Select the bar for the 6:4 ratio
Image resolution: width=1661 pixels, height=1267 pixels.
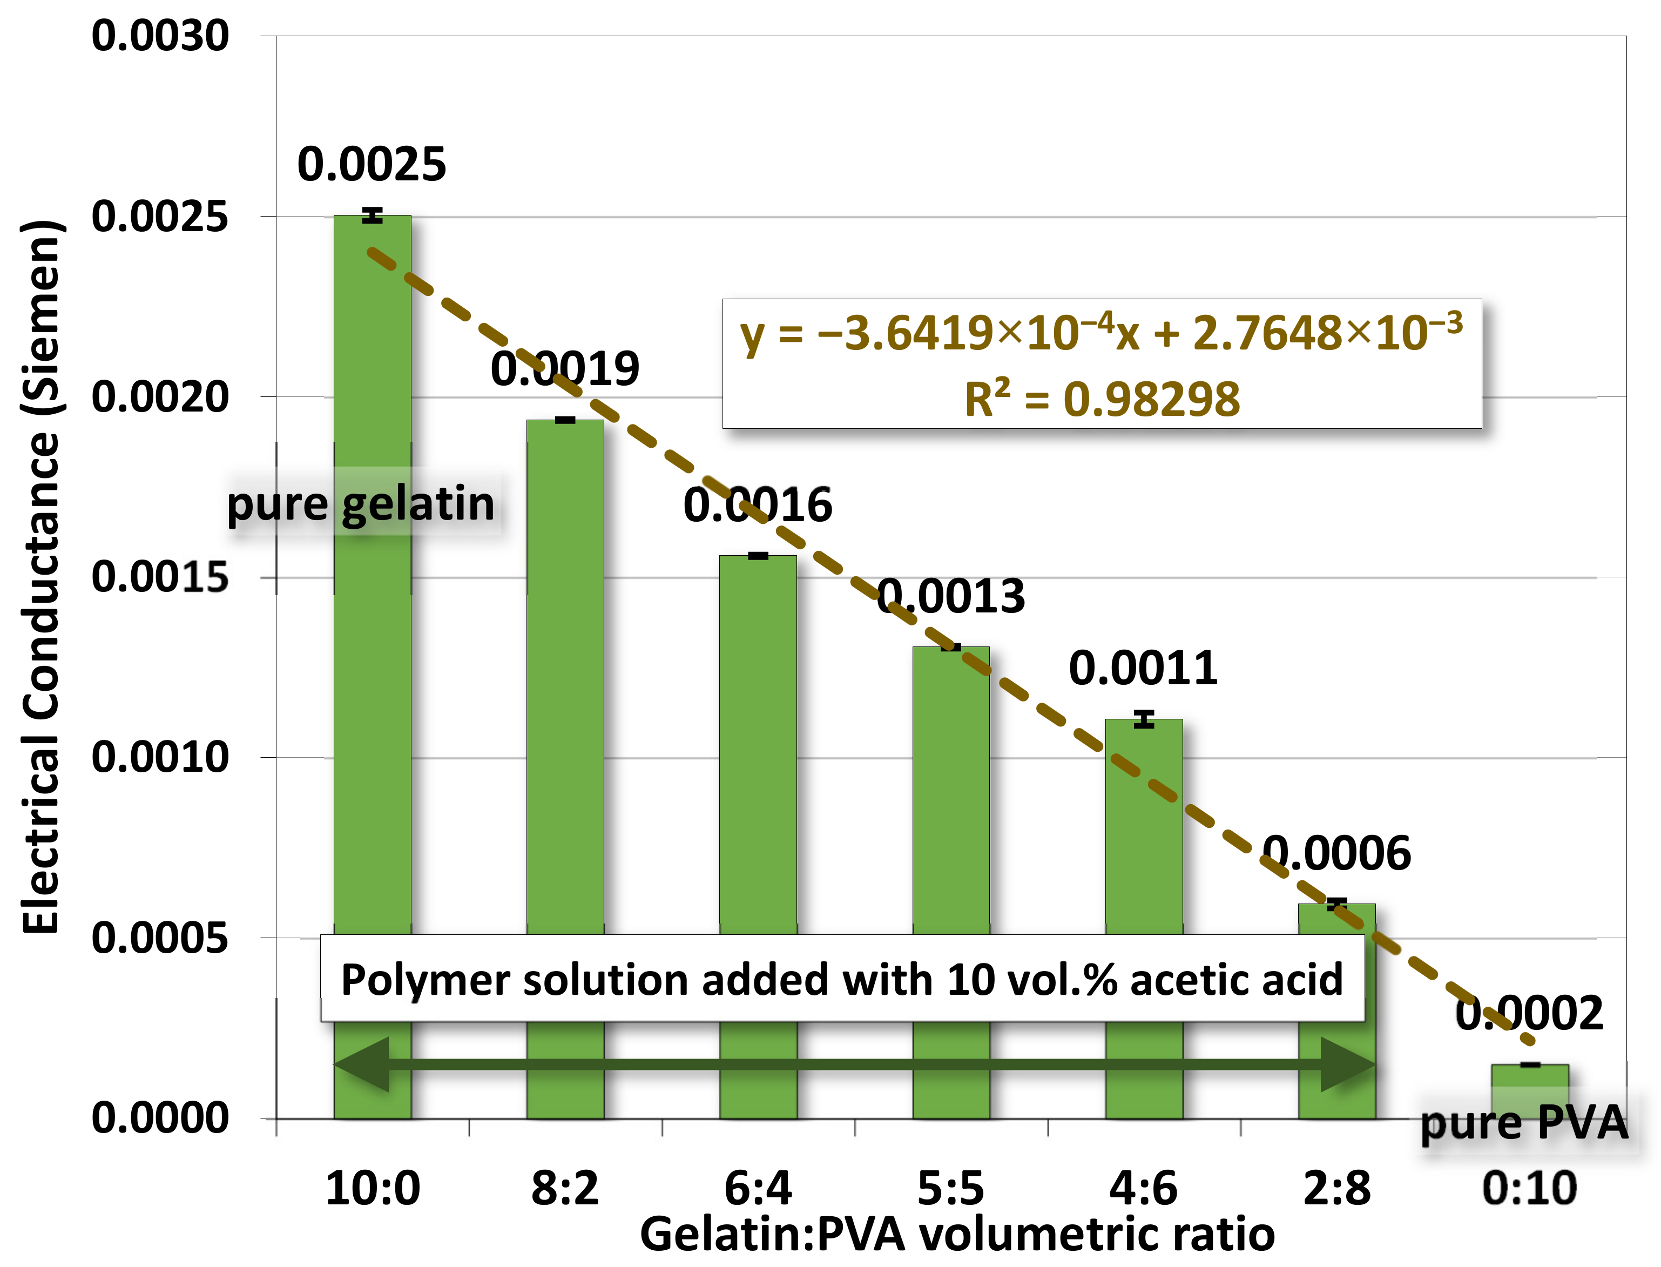pyautogui.click(x=758, y=739)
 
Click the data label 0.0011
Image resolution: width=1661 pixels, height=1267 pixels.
pyautogui.click(x=1143, y=668)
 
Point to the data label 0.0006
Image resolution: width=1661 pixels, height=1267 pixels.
pyautogui.click(x=1336, y=854)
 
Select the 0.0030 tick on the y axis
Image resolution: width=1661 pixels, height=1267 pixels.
pyautogui.click(x=160, y=36)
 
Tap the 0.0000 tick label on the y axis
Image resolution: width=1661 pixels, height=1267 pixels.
pyautogui.click(x=160, y=1118)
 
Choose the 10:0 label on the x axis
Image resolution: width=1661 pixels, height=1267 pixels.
pyautogui.click(x=373, y=1189)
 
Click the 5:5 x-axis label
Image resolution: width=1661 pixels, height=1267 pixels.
pyautogui.click(x=951, y=1189)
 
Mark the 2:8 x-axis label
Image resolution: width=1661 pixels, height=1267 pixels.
pyautogui.click(x=1337, y=1189)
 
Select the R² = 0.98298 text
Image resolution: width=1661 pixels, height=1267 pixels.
pyautogui.click(x=1102, y=399)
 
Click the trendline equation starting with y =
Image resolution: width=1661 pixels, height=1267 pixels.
pyautogui.click(x=1102, y=333)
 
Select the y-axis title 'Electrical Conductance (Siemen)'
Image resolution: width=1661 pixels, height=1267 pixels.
pyautogui.click(x=42, y=577)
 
